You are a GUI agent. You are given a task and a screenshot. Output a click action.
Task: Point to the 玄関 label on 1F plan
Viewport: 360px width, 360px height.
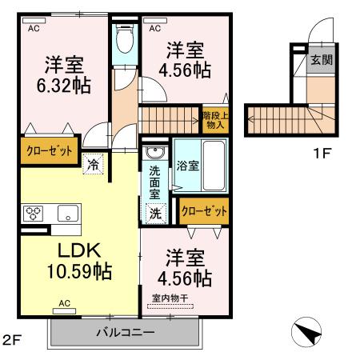coord(322,60)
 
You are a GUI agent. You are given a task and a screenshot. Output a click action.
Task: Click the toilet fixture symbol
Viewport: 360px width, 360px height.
coord(124,37)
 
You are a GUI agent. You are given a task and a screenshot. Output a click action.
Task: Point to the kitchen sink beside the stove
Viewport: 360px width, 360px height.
coord(66,214)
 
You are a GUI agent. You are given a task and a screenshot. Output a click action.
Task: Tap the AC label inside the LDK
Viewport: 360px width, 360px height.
coord(66,304)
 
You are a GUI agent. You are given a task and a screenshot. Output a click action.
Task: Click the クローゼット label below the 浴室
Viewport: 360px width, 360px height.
coord(203,210)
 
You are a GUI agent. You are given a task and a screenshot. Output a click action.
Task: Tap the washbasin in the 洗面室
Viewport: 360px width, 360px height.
coord(155,154)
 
